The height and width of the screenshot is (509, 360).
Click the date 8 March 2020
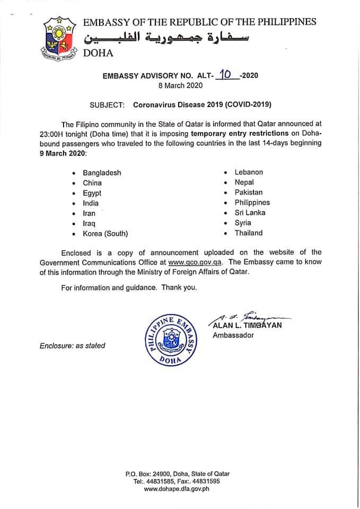pyautogui.click(x=180, y=86)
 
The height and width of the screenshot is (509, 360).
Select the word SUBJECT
pyautogui.click(x=108, y=105)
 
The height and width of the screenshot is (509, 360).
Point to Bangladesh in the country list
pyautogui.click(x=102, y=173)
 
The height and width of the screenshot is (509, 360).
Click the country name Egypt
pyautogui.click(x=92, y=193)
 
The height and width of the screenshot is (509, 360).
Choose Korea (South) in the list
pyautogui.click(x=105, y=233)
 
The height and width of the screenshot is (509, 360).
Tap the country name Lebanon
pyautogui.click(x=249, y=172)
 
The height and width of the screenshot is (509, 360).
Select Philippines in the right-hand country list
pyautogui.click(x=252, y=203)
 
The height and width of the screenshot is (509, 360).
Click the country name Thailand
pyautogui.click(x=249, y=233)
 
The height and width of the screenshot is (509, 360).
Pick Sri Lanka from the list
pyautogui.click(x=250, y=213)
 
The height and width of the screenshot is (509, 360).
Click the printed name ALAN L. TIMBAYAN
pyautogui.click(x=247, y=326)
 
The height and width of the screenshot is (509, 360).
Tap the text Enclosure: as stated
pyautogui.click(x=73, y=346)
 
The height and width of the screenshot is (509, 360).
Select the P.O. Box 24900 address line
pyautogui.click(x=178, y=474)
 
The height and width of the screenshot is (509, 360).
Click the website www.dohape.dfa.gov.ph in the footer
pyautogui.click(x=177, y=489)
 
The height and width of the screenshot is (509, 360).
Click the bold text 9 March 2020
pyautogui.click(x=62, y=153)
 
